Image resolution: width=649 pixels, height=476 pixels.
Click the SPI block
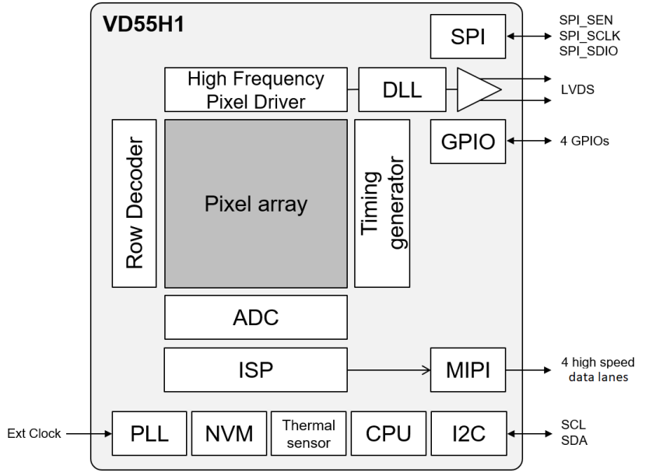click(468, 37)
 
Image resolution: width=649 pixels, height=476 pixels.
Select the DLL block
click(402, 89)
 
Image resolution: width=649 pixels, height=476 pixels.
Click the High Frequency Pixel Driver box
click(256, 89)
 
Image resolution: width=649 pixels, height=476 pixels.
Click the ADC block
click(256, 317)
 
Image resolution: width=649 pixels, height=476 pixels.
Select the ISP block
click(256, 369)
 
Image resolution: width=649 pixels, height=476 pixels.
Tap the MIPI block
click(468, 369)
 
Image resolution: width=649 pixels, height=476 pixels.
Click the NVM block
click(229, 434)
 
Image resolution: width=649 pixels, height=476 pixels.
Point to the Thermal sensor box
click(308, 434)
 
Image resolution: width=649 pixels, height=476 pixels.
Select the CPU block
click(387, 434)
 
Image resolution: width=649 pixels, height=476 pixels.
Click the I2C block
click(468, 434)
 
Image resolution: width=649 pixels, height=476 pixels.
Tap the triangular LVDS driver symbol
click(475, 89)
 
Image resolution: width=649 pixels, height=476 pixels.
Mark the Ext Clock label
click(34, 433)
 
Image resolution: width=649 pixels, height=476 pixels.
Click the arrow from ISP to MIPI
click(388, 369)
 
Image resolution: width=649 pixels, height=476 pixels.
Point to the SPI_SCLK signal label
click(588, 35)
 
